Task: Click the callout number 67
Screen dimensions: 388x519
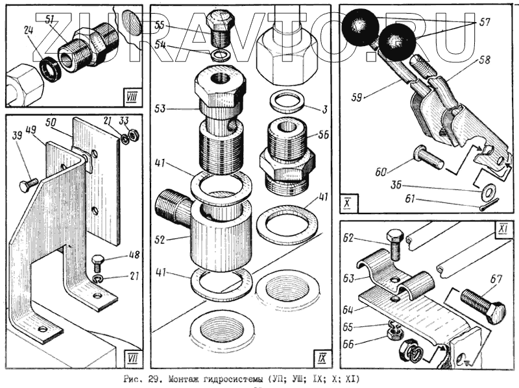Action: coord(496,280)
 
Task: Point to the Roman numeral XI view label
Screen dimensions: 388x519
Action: coord(501,230)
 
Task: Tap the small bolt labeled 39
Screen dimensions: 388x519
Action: coord(29,184)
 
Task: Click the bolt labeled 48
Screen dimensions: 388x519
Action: coord(97,263)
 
